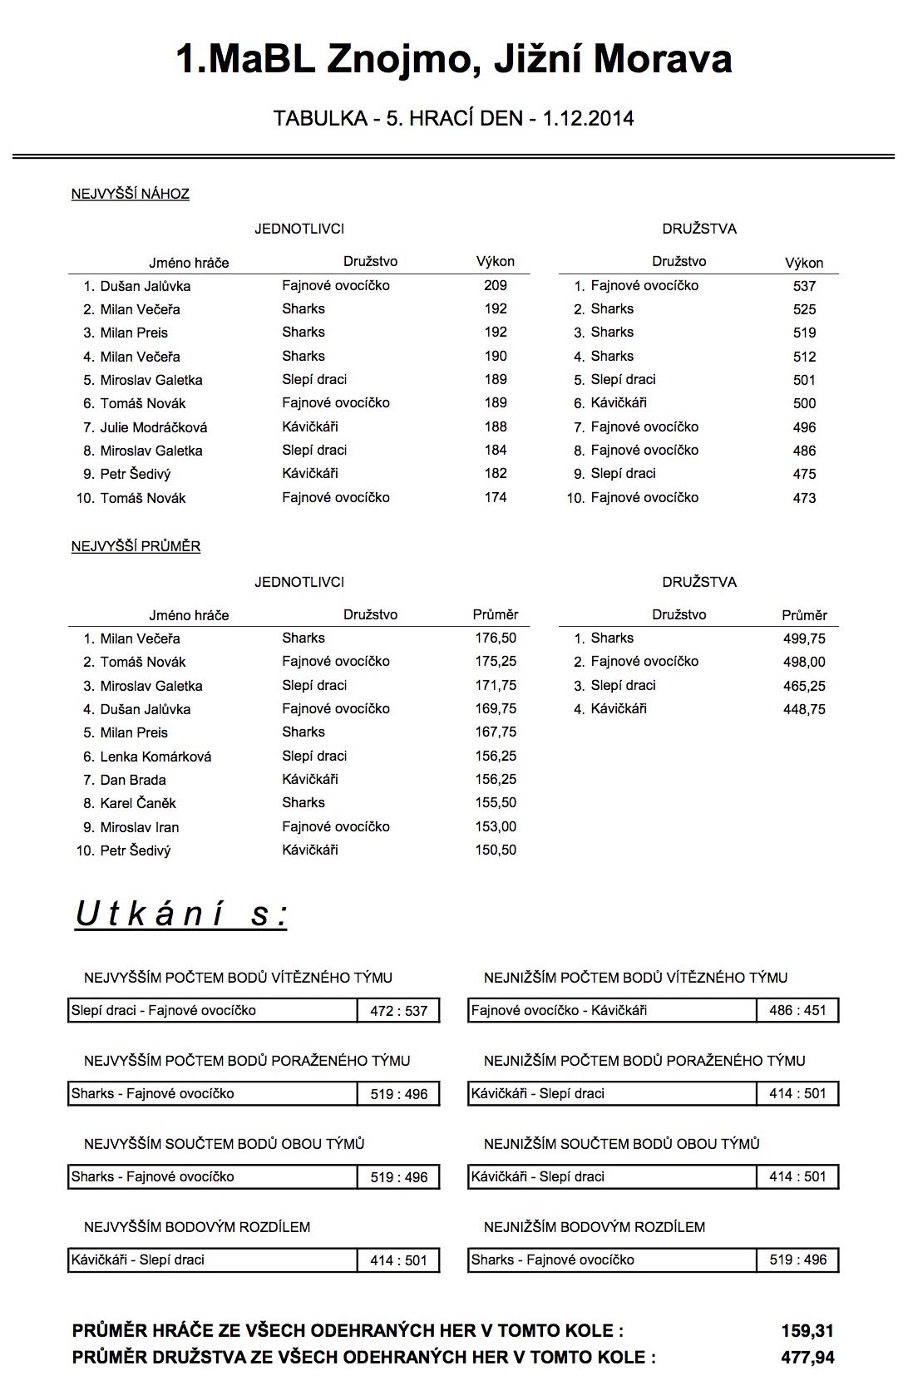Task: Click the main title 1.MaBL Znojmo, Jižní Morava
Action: coord(453,59)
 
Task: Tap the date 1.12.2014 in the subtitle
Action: coord(588,119)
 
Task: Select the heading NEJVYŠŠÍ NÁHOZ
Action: coord(131,195)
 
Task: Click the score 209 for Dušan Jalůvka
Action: coord(496,285)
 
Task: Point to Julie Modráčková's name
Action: coord(154,427)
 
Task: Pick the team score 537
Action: coord(804,286)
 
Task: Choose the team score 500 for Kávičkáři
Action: coord(804,403)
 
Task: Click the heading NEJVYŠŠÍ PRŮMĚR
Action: coord(136,547)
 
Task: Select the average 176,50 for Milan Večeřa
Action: coord(496,638)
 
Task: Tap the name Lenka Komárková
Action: coord(155,757)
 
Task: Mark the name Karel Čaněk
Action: coord(138,803)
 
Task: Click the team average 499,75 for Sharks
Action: coord(804,638)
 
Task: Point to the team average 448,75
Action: coord(804,709)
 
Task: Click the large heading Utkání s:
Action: coord(181,914)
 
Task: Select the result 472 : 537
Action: coord(399,1011)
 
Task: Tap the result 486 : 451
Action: coord(797,1011)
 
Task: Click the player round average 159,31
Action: coord(807,1331)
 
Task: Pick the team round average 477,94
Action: coord(807,1358)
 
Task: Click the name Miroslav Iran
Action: coord(140,827)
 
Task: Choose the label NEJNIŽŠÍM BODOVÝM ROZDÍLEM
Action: coord(594,1227)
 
